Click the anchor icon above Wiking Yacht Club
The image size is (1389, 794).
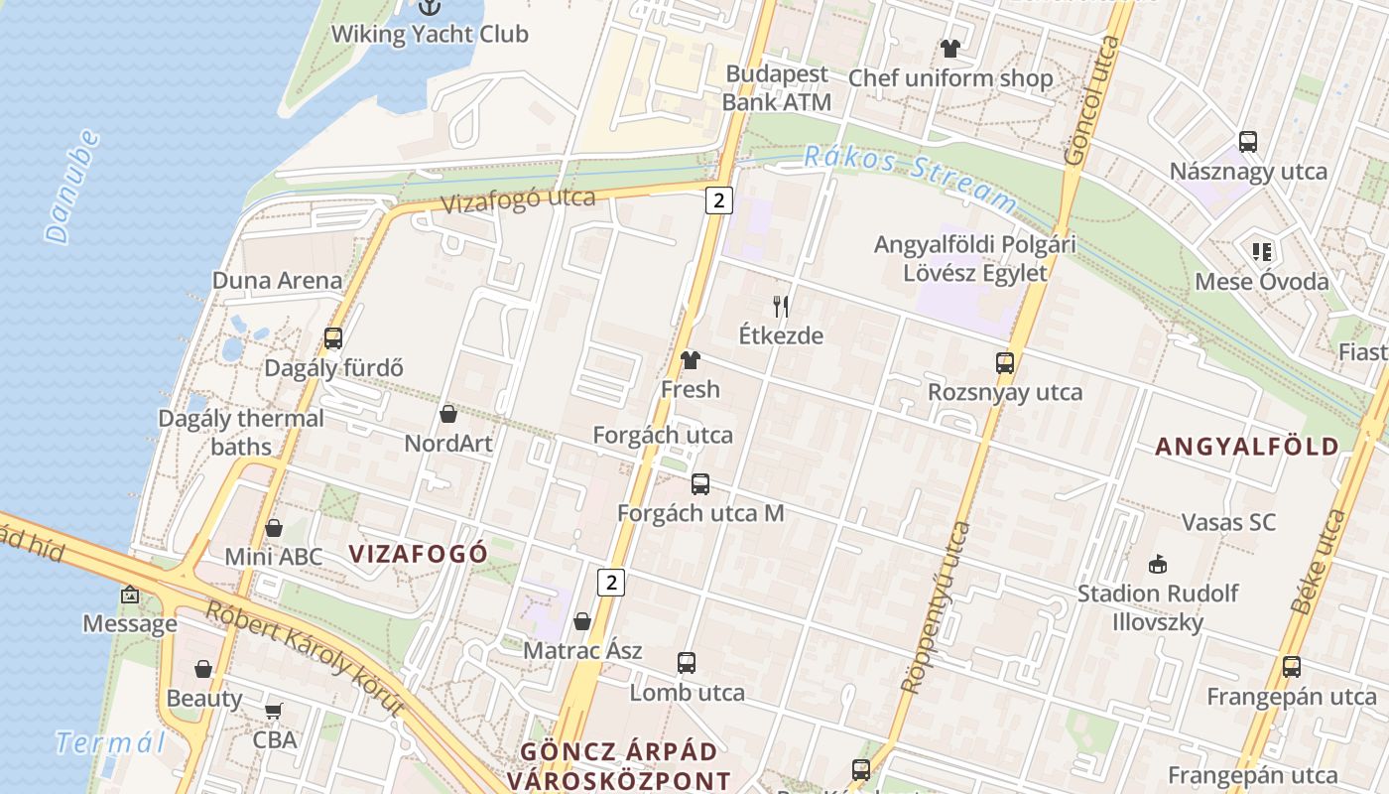pos(429,7)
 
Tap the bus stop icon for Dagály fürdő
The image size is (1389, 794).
pos(333,338)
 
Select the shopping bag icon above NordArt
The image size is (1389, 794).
pos(448,414)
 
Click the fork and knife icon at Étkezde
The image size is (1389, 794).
pos(781,307)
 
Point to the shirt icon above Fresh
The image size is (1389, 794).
pos(691,360)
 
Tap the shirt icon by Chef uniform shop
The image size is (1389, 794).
pos(950,49)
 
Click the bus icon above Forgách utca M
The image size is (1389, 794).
pos(700,484)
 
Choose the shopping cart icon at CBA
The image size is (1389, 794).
pos(274,711)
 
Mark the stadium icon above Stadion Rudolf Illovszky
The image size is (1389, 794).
pos(1157,565)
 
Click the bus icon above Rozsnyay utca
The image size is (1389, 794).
pos(1005,363)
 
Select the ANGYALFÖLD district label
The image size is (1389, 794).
pos(1247,447)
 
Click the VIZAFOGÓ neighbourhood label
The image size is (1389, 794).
pos(419,554)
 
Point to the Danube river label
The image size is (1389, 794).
pos(73,187)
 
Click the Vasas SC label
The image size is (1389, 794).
pos(1228,522)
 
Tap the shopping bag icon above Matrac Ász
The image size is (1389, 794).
pos(582,622)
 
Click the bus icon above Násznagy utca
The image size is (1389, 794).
pos(1248,142)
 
